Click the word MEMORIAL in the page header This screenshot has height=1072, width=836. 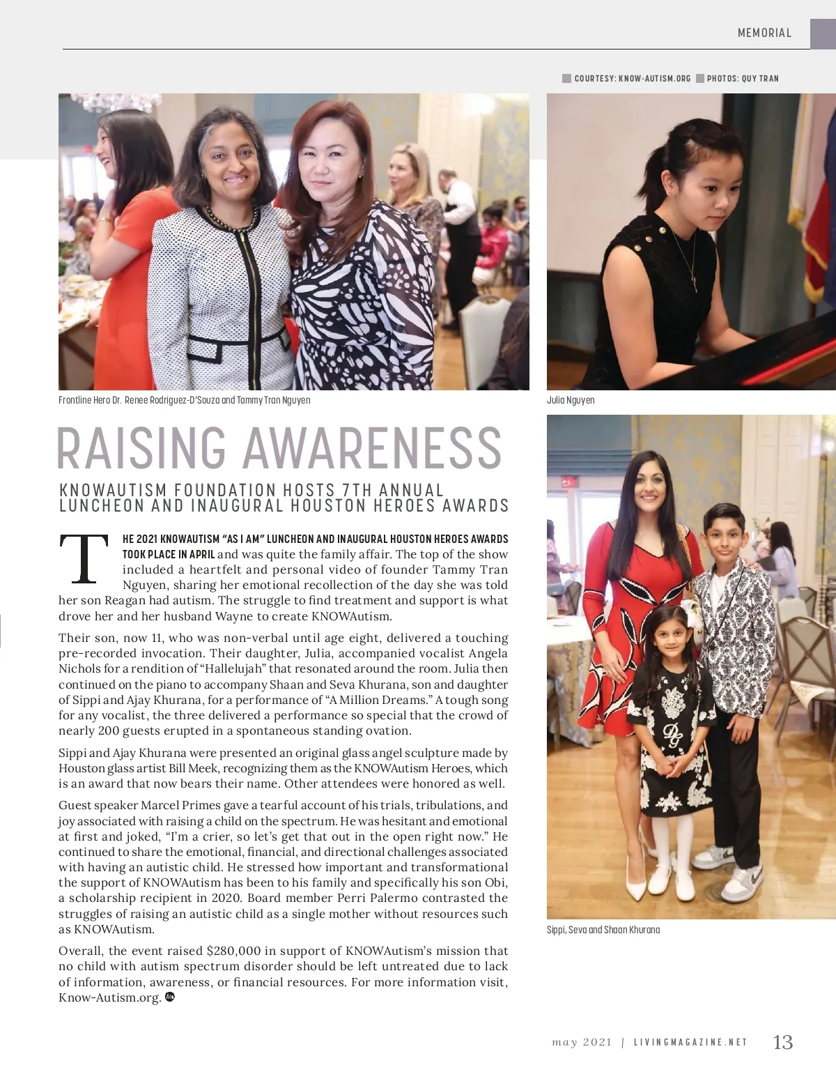click(764, 33)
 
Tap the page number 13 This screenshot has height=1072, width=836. click(783, 1042)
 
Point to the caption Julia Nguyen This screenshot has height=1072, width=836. click(571, 400)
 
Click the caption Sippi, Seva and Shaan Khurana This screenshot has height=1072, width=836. click(603, 930)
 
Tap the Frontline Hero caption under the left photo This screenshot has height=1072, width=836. click(185, 400)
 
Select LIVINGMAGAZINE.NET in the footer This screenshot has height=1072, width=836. click(690, 1043)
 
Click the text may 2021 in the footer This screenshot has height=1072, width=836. click(582, 1043)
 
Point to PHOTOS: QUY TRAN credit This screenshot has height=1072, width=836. click(743, 79)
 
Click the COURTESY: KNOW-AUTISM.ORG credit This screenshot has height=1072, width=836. click(632, 79)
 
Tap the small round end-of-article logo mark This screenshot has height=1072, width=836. click(170, 997)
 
